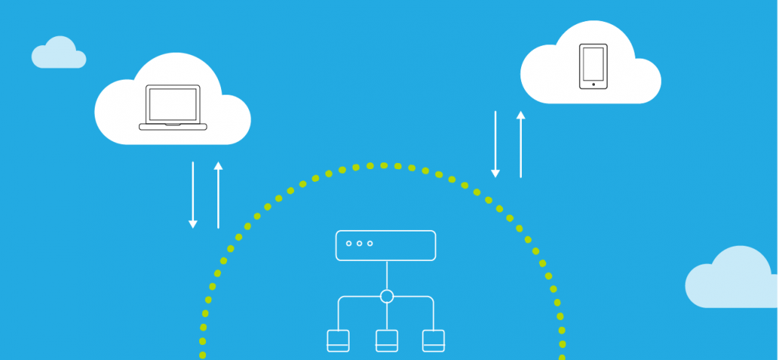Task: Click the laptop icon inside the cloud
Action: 173,107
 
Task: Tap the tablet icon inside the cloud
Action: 593,66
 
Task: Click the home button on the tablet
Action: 593,84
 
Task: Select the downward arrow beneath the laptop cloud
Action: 192,195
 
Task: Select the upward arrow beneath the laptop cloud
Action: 218,195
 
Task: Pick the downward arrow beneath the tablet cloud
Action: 495,144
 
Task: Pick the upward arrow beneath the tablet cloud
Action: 520,144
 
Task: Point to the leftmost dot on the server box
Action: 349,244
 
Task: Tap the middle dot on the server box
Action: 359,244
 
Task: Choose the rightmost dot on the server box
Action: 370,244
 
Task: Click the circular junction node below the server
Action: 386,296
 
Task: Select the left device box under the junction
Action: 338,340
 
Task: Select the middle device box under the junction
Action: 386,340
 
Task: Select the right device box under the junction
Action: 434,340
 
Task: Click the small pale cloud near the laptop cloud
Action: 59,54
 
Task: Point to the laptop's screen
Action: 173,104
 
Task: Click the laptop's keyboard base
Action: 173,127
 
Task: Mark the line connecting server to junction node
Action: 386,274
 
